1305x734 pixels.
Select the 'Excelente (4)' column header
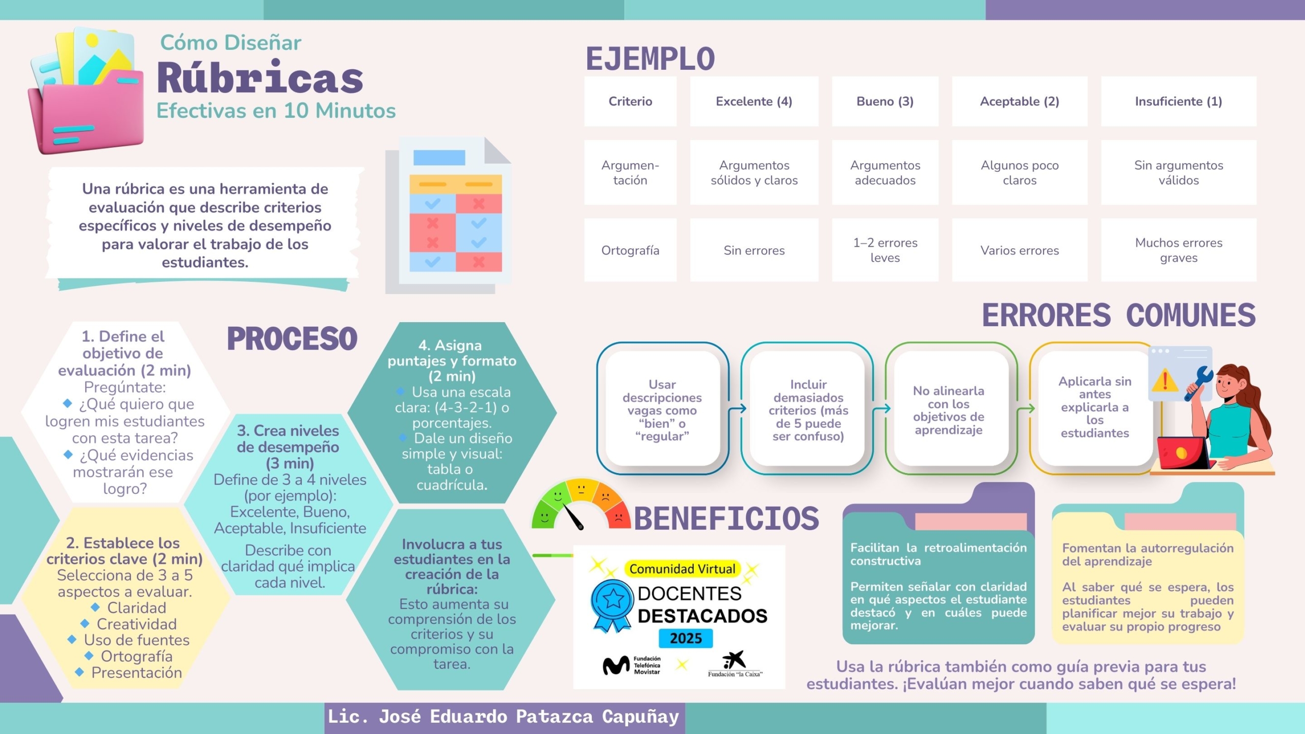pyautogui.click(x=754, y=101)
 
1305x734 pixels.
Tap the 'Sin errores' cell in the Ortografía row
pyautogui.click(x=754, y=250)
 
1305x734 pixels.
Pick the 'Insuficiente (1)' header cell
pyautogui.click(x=1178, y=101)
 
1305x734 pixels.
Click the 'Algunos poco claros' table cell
pyautogui.click(x=1020, y=173)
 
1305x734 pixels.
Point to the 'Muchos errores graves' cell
pyautogui.click(x=1178, y=250)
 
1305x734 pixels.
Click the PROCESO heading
pyautogui.click(x=292, y=339)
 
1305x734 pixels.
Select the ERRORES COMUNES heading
pyautogui.click(x=1118, y=315)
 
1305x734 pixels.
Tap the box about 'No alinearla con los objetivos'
pyautogui.click(x=948, y=410)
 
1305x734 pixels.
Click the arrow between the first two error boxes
pyautogui.click(x=737, y=408)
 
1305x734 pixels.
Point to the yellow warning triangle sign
pyautogui.click(x=1164, y=381)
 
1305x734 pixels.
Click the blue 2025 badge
pyautogui.click(x=686, y=638)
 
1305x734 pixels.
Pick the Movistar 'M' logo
pyautogui.click(x=616, y=665)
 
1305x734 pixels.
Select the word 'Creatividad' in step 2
pyautogui.click(x=137, y=624)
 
